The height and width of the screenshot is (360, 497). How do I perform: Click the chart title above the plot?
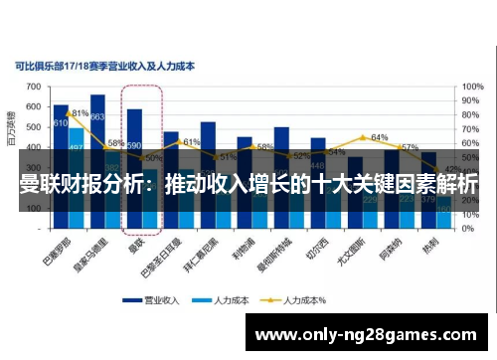point(104,67)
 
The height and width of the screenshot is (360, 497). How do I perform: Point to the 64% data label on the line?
point(379,137)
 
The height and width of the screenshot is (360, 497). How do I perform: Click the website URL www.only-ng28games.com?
point(368,333)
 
